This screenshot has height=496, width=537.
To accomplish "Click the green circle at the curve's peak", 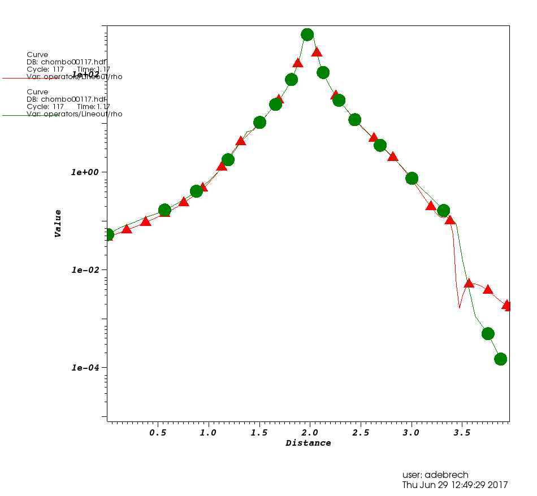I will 307,34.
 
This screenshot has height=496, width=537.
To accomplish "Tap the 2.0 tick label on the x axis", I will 310,433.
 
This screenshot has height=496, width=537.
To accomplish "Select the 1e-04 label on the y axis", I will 85,368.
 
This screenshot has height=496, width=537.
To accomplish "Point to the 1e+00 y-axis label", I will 85,172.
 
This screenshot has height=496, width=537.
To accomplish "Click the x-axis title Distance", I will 308,443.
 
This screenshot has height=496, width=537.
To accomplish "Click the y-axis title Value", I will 58,223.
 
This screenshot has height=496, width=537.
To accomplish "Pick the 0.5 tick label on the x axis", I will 158,433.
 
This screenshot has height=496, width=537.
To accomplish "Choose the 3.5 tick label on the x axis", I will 462,433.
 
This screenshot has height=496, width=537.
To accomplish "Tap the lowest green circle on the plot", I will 500,359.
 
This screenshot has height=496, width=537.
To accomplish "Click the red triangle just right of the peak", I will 317,52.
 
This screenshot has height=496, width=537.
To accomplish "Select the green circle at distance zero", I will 108,234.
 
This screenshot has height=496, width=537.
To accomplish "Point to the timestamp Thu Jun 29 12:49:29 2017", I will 455,485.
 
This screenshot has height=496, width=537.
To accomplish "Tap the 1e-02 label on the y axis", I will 85,270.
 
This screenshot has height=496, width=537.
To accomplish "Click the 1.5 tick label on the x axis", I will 259,433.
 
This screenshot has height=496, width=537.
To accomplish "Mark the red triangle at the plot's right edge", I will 508,306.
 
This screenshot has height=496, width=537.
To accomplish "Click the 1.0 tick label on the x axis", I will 209,433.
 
